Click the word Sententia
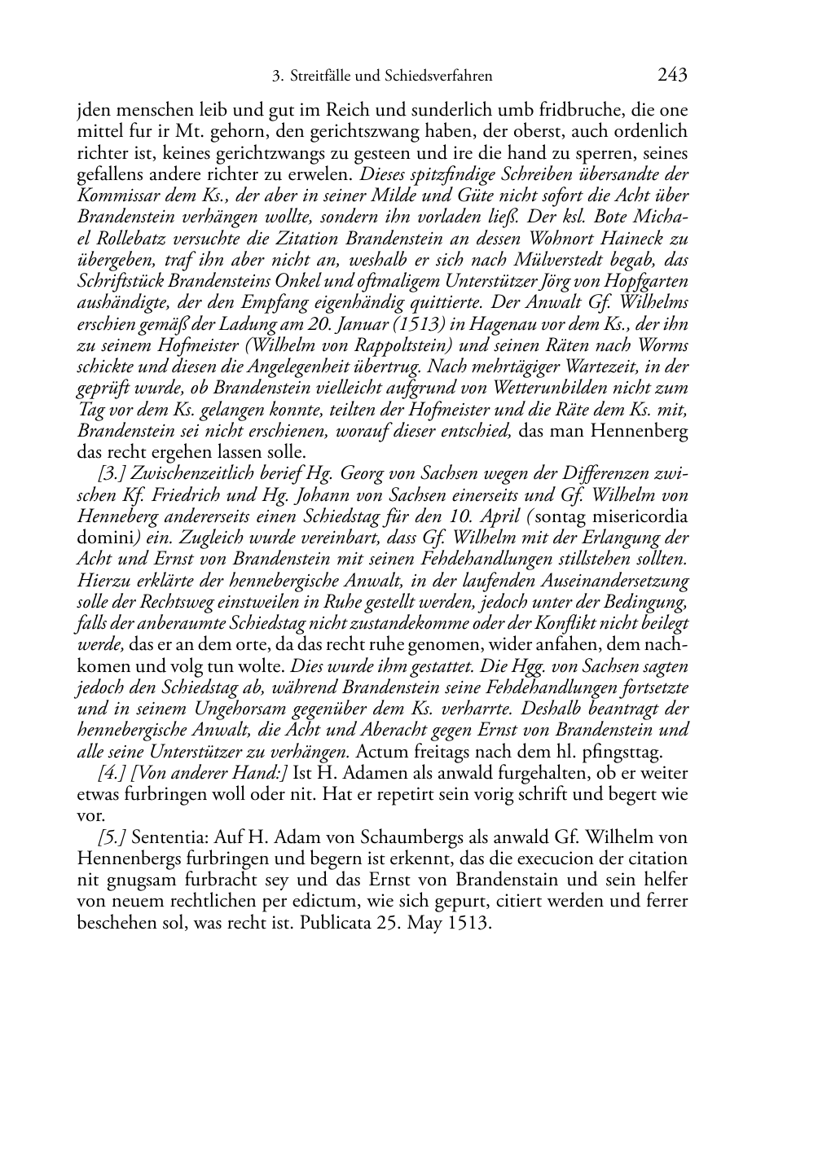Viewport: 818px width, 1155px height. pyautogui.click(x=163, y=837)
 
